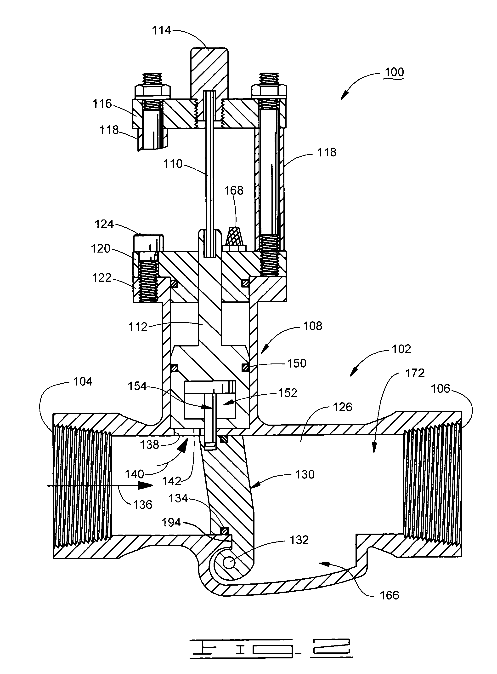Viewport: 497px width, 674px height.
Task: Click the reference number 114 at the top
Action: [x=161, y=31]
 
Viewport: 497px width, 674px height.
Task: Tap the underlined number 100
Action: [x=394, y=72]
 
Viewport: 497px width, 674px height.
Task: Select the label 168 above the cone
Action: [x=234, y=190]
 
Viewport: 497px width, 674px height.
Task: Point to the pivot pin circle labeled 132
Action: [x=229, y=562]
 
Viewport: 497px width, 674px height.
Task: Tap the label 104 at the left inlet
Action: [x=83, y=382]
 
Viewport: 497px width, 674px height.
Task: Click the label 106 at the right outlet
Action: [x=441, y=389]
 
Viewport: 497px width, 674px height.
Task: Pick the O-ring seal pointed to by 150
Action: [x=245, y=368]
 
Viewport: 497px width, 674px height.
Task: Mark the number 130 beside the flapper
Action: [x=305, y=474]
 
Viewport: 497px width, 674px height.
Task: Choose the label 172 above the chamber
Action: [x=415, y=373]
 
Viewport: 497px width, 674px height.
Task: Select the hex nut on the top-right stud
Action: [x=269, y=91]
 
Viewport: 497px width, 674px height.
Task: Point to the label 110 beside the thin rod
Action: [x=173, y=164]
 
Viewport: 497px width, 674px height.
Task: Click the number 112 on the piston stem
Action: [x=138, y=327]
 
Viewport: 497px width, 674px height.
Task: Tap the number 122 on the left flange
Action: [x=102, y=277]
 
